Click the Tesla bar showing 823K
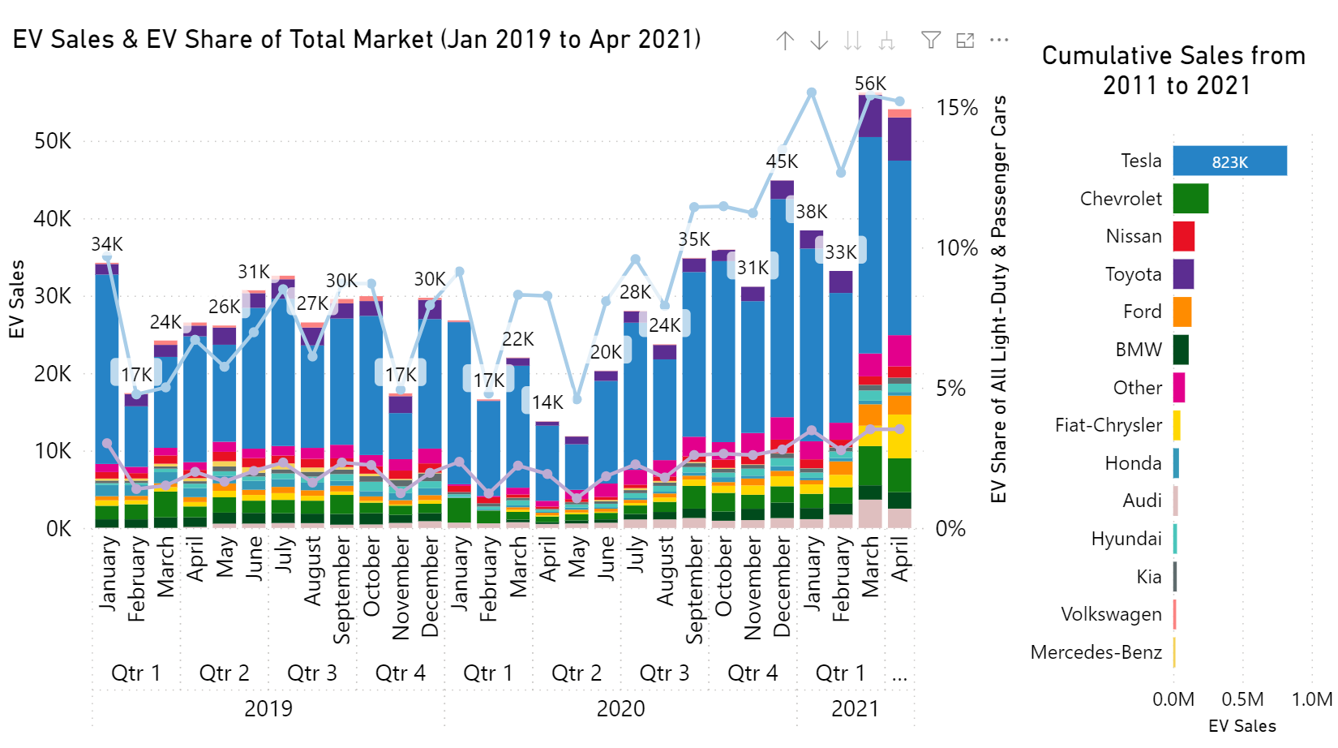pyautogui.click(x=1229, y=161)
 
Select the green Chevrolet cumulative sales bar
pyautogui.click(x=1190, y=199)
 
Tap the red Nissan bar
pyautogui.click(x=1184, y=236)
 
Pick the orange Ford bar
pyautogui.click(x=1182, y=312)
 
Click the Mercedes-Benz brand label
pyautogui.click(x=1096, y=652)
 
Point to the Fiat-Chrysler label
pyautogui.click(x=1108, y=425)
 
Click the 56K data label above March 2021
pyautogui.click(x=870, y=84)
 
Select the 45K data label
pyautogui.click(x=782, y=161)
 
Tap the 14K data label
pyautogui.click(x=547, y=402)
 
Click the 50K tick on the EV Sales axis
pyautogui.click(x=53, y=141)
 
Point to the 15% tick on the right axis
pyautogui.click(x=957, y=108)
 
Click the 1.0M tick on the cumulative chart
pyautogui.click(x=1311, y=699)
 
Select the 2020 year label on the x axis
pyautogui.click(x=620, y=709)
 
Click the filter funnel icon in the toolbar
pyautogui.click(x=931, y=40)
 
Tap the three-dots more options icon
pyautogui.click(x=999, y=40)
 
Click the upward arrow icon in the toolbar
pyautogui.click(x=784, y=41)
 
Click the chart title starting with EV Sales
pyautogui.click(x=357, y=39)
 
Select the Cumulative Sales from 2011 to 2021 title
pyautogui.click(x=1174, y=71)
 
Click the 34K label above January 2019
pyautogui.click(x=107, y=244)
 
